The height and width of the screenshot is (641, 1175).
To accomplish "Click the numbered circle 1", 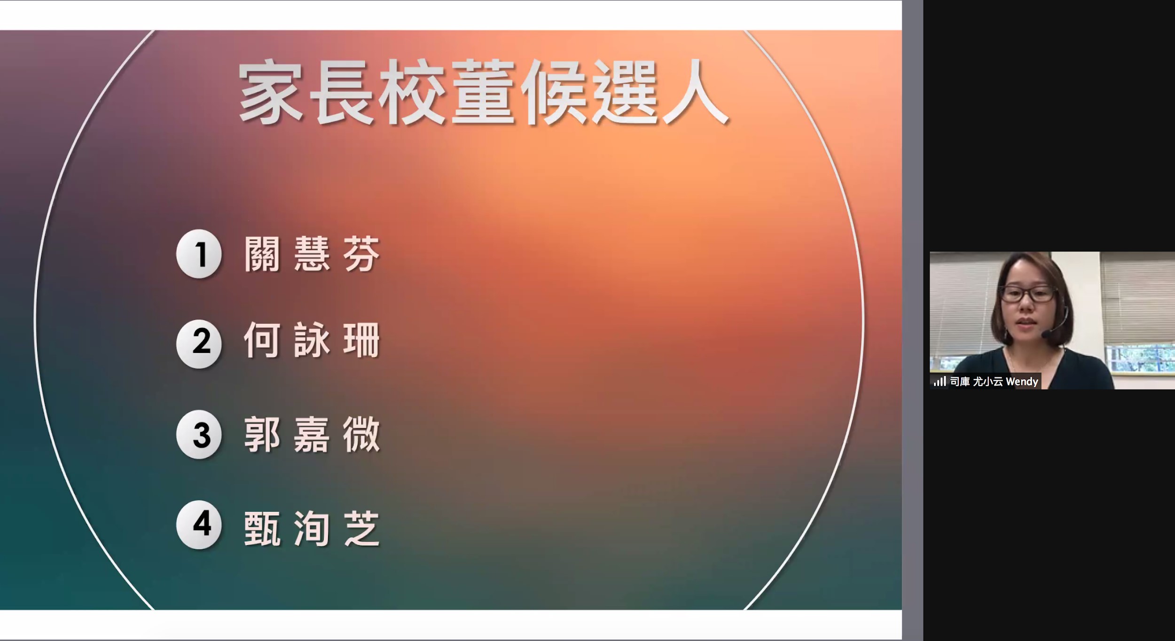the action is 199,254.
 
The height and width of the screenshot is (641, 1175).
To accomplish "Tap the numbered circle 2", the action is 199,344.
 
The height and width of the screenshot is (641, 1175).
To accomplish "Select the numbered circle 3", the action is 199,434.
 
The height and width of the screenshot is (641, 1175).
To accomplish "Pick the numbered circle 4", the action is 199,524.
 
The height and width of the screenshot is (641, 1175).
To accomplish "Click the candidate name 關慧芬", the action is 312,254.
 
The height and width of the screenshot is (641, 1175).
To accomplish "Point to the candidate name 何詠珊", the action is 312,340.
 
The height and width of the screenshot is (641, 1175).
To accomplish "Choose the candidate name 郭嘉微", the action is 312,435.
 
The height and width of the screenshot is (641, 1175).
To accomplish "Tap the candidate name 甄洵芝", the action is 312,529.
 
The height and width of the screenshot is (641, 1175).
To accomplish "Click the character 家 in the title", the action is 271,92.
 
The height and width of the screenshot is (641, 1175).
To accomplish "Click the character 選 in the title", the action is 625,92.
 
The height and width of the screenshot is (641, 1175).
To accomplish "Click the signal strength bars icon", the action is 940,381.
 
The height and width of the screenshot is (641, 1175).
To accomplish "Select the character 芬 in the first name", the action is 361,254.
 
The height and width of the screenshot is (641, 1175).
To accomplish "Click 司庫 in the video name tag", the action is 960,382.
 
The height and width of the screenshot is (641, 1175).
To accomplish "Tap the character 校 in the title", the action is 412,92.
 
